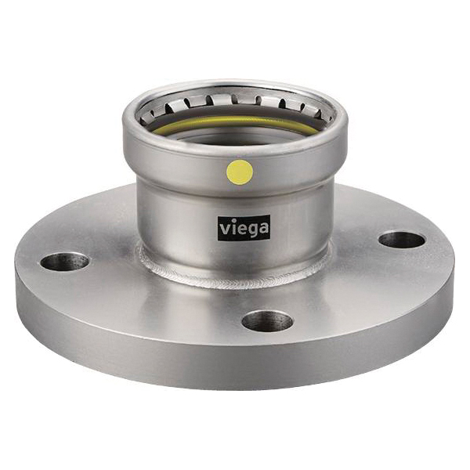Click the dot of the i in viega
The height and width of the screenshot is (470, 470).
[x=232, y=221]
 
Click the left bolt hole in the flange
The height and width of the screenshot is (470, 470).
[x=64, y=262]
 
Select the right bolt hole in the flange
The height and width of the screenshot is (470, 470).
[x=402, y=240]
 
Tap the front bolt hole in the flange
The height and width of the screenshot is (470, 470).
[x=267, y=320]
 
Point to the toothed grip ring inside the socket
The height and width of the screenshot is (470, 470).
[x=235, y=103]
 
